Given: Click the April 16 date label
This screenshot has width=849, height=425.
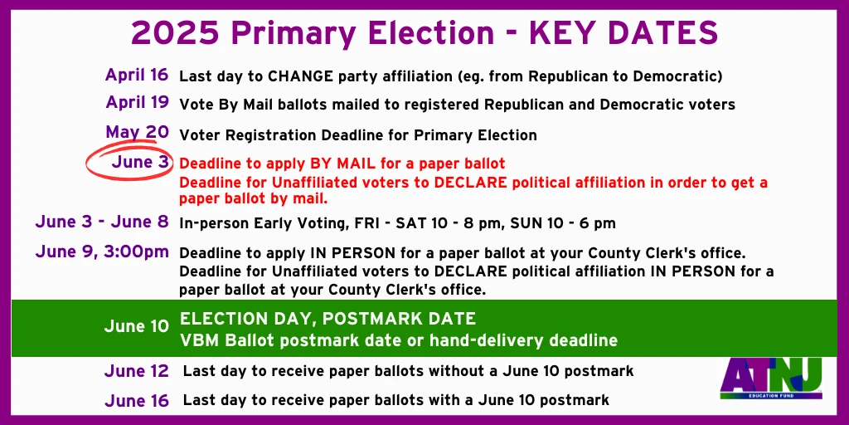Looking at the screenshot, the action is pyautogui.click(x=137, y=75).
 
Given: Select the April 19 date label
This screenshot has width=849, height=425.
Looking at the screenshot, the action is pyautogui.click(x=137, y=102).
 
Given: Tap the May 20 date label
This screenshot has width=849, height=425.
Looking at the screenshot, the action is pyautogui.click(x=137, y=132).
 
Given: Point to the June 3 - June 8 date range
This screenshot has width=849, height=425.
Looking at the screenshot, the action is pyautogui.click(x=102, y=222).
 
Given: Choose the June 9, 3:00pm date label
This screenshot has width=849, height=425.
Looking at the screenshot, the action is pyautogui.click(x=102, y=252).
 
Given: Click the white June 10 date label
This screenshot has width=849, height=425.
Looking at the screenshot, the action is pyautogui.click(x=137, y=326).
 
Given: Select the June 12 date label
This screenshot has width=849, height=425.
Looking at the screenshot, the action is pyautogui.click(x=137, y=371).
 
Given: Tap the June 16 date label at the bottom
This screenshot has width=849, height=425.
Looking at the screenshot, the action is pyautogui.click(x=137, y=401).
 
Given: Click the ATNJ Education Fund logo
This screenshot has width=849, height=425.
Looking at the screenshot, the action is pyautogui.click(x=771, y=379).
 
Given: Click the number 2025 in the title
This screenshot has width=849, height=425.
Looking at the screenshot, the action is pyautogui.click(x=175, y=33).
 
